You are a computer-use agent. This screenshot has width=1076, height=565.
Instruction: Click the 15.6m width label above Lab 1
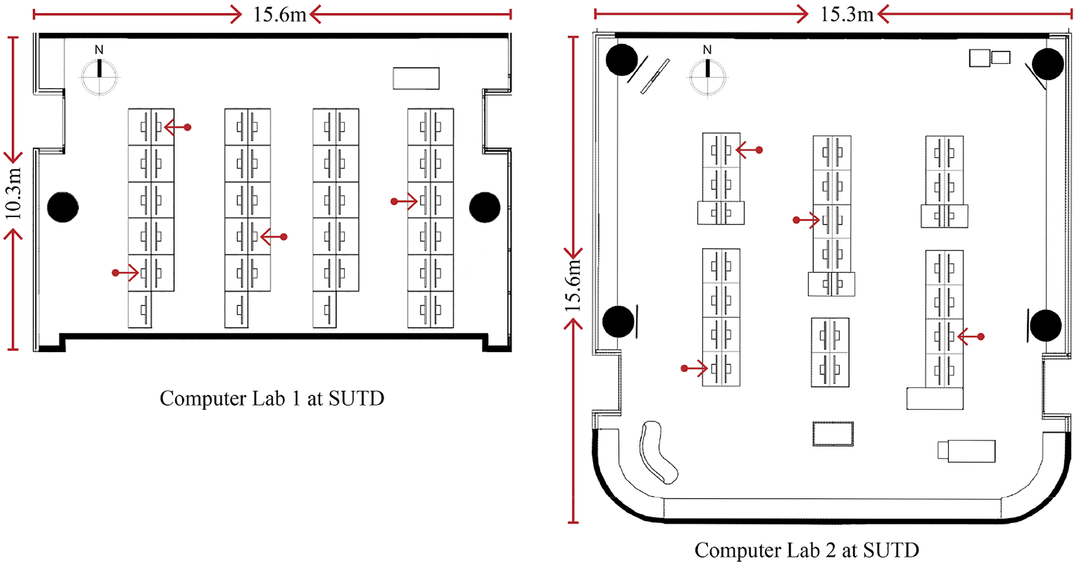pyautogui.click(x=280, y=15)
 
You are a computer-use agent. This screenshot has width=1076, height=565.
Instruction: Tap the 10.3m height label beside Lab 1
pyautogui.click(x=13, y=193)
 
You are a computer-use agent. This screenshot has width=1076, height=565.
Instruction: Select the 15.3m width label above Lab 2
pyautogui.click(x=847, y=15)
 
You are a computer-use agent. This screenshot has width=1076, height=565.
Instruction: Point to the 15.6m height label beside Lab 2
pyautogui.click(x=573, y=285)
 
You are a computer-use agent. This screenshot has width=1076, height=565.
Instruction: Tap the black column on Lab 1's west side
pyautogui.click(x=63, y=207)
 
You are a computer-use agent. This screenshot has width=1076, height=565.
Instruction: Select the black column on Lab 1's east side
pyautogui.click(x=485, y=207)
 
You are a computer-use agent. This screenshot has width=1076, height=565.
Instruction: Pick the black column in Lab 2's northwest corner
pyautogui.click(x=621, y=60)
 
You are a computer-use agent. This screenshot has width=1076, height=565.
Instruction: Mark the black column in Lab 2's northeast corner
pyautogui.click(x=1048, y=64)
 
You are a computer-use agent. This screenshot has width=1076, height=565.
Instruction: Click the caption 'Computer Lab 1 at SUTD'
pyautogui.click(x=272, y=398)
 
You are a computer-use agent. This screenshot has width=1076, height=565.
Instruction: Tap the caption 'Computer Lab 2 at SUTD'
pyautogui.click(x=807, y=550)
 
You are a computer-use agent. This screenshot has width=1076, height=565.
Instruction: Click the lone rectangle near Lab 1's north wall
pyautogui.click(x=416, y=78)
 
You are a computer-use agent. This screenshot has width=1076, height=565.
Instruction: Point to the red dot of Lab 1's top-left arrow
pyautogui.click(x=188, y=127)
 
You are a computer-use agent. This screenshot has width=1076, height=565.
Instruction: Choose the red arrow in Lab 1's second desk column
pyautogui.click(x=274, y=237)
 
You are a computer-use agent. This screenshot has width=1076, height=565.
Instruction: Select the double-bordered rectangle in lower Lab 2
pyautogui.click(x=833, y=434)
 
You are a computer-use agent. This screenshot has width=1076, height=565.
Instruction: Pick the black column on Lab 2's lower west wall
pyautogui.click(x=619, y=321)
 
